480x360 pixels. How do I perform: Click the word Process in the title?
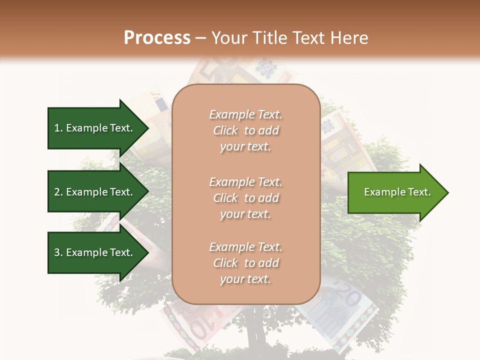pyautogui.click(x=157, y=38)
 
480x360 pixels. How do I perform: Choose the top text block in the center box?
pyautogui.click(x=245, y=130)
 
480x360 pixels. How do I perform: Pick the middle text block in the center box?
pyautogui.click(x=245, y=198)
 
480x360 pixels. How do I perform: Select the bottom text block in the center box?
pyautogui.click(x=245, y=263)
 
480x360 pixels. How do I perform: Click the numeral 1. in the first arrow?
pyautogui.click(x=58, y=128)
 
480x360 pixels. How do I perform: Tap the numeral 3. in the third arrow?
pyautogui.click(x=58, y=252)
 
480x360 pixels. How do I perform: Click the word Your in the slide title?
pyautogui.click(x=228, y=38)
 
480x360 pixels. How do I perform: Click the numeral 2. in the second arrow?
pyautogui.click(x=58, y=192)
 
